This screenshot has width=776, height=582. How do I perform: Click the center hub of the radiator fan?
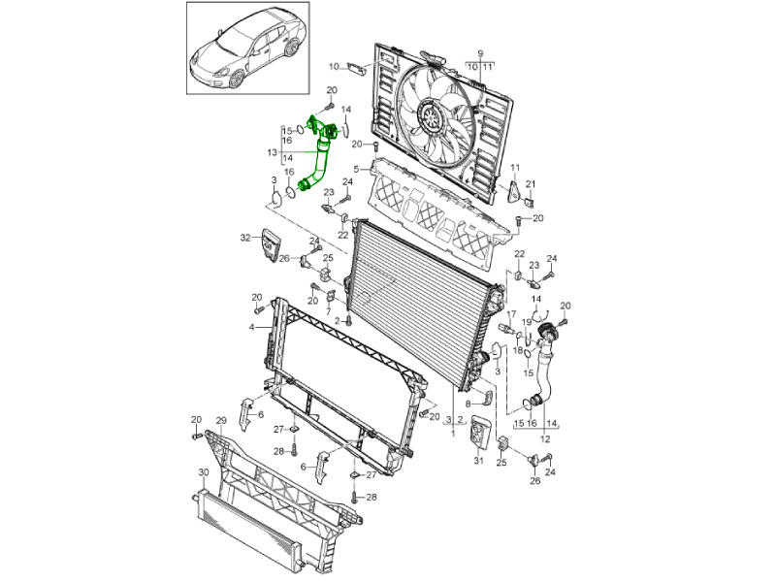coord(431,118)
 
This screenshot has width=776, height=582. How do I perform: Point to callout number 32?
coord(245,237)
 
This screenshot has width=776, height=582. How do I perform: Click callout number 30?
coord(204,472)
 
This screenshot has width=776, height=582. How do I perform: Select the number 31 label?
coord(478,462)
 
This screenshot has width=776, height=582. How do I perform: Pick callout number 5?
coord(356,169)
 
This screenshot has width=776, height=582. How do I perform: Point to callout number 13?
coord(273,152)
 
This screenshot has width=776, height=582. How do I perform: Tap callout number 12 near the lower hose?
coord(544,439)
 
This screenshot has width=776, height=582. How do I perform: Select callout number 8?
coord(467,403)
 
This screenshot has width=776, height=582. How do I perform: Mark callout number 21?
coord(531,184)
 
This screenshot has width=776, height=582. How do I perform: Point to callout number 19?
coord(528,321)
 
